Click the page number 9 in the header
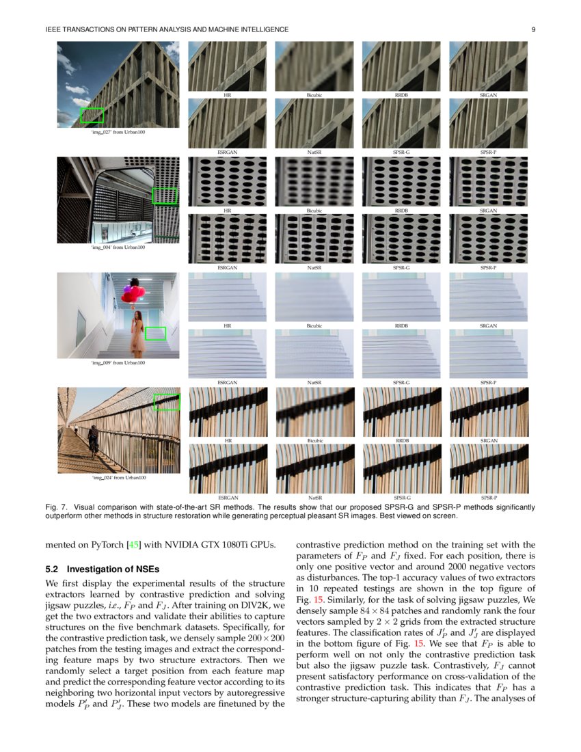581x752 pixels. click(532, 29)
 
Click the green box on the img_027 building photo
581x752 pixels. click(92, 115)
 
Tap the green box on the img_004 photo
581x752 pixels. click(164, 196)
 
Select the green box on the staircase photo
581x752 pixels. click(156, 334)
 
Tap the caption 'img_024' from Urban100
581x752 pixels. click(118, 477)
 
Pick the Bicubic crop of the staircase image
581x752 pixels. click(314, 296)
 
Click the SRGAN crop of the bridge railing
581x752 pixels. click(488, 412)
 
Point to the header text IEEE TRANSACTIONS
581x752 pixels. click(89, 29)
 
